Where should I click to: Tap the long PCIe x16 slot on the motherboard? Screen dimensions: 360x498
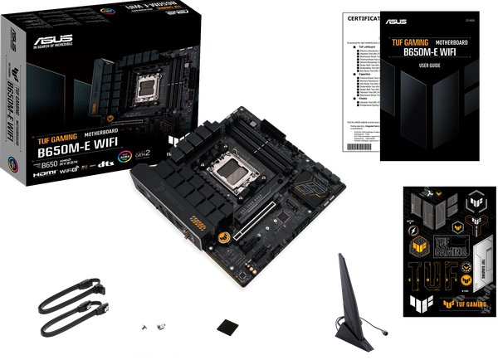point(257,221)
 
